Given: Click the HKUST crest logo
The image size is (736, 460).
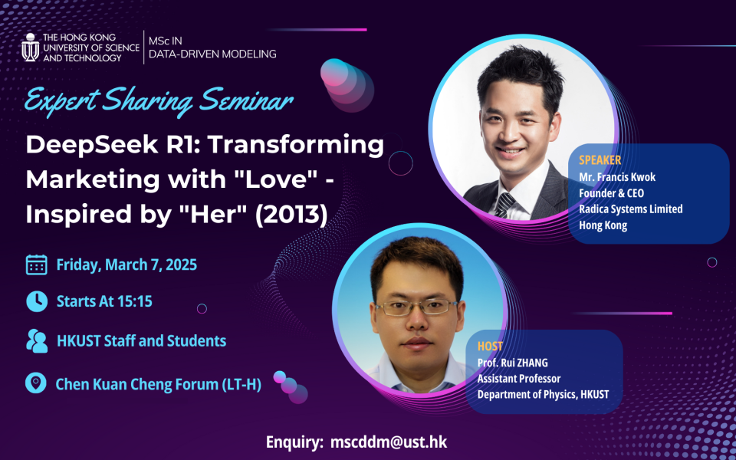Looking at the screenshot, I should [30, 48].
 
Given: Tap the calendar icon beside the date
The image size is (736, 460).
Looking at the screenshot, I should [36, 265].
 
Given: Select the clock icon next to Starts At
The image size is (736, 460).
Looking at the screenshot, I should [36, 301].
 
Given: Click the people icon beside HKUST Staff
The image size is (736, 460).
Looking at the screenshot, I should [36, 341].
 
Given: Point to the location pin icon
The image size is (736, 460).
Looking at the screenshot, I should [35, 383].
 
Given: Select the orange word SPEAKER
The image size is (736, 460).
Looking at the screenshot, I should [600, 160].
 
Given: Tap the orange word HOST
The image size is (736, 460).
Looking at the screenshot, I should [490, 347].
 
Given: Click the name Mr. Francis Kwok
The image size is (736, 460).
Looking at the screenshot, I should [617, 177].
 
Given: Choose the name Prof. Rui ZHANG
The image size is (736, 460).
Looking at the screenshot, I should [513, 363].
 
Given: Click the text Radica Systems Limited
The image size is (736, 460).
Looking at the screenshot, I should [630, 209].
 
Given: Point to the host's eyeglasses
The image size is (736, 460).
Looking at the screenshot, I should [416, 307].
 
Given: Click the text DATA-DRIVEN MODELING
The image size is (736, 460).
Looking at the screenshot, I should [212, 54].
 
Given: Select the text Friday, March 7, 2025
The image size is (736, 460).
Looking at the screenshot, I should [127, 265].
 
